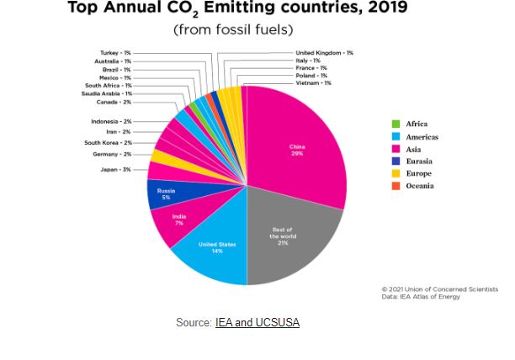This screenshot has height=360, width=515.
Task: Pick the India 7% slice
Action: pos(178,220)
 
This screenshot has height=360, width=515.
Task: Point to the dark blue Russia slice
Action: pos(166,194)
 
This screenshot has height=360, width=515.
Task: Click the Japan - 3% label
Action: pos(114,170)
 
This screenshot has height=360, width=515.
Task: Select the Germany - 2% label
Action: pos(112,154)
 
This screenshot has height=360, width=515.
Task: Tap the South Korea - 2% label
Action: pos(108,143)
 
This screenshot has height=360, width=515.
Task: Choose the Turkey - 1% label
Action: pos(115,53)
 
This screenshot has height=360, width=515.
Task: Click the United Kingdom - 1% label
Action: pos(325,53)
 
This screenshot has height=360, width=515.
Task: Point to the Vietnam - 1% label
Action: pos(314,83)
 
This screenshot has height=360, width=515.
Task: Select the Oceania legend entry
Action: pos(418,186)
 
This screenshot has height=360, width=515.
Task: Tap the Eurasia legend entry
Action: pos(418,161)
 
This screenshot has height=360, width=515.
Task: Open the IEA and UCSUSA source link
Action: pos(257,322)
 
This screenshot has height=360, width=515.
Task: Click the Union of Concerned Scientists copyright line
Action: pos(440,289)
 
